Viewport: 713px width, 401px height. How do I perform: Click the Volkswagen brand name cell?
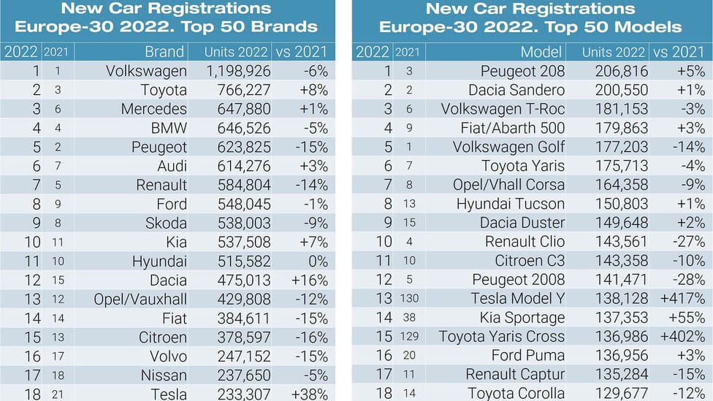click(146, 72)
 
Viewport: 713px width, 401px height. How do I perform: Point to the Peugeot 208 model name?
click(522, 72)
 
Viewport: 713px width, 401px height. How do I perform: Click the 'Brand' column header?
click(164, 53)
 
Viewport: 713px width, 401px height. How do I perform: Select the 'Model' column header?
click(541, 53)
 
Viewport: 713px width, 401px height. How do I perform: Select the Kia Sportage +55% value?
click(683, 318)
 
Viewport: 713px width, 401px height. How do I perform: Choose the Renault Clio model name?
click(525, 242)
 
